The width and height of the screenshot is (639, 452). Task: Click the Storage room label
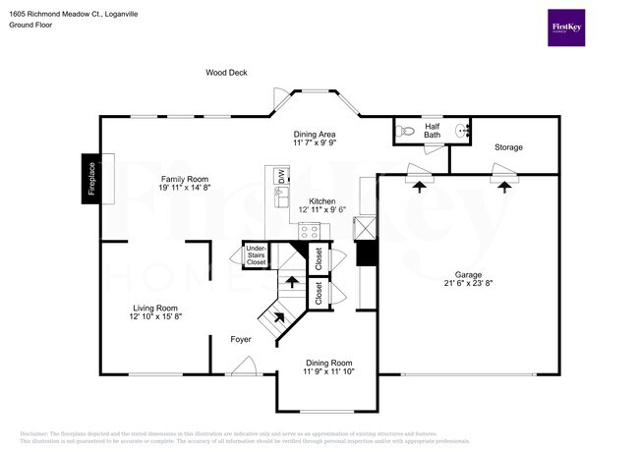click(508, 147)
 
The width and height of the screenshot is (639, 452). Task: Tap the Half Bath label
click(433, 130)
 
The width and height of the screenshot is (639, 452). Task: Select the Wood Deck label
click(226, 72)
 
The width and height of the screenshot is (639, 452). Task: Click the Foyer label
click(241, 339)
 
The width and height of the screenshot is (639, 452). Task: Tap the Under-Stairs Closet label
click(256, 255)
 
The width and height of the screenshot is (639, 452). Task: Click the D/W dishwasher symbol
click(281, 177)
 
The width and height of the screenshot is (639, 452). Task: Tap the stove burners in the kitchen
click(311, 232)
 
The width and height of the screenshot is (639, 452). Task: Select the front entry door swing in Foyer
click(242, 366)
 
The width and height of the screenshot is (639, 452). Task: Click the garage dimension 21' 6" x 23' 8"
click(468, 285)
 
